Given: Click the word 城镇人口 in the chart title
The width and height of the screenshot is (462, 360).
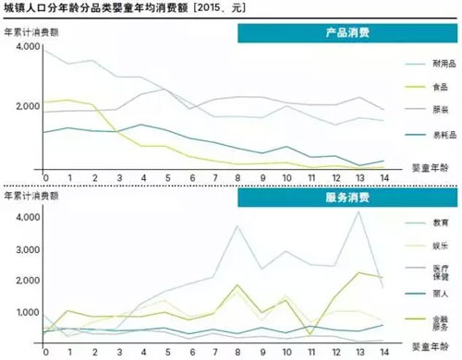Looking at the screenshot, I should (x=28, y=8).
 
